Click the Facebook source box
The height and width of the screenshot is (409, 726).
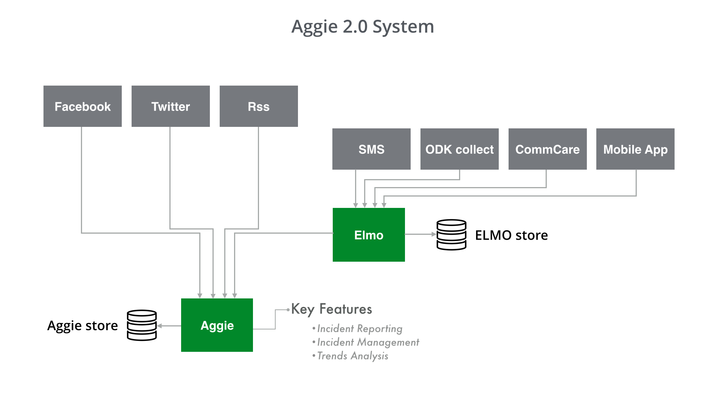[x=82, y=106]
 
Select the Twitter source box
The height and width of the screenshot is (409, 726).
[x=171, y=106]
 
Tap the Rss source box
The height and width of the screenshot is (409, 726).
[x=259, y=106]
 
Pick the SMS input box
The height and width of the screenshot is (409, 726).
[x=371, y=149]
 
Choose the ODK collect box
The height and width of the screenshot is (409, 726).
[x=459, y=149]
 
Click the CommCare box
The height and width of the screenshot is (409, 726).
[x=548, y=149]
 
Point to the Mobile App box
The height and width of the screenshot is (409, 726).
[x=635, y=149]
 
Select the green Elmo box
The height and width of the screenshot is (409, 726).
[x=369, y=235]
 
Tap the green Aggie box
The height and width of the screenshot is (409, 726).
[x=217, y=325]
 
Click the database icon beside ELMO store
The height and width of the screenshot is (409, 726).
[x=451, y=235]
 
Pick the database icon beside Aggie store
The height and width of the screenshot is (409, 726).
[x=142, y=325]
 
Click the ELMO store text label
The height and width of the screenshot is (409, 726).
[x=511, y=235]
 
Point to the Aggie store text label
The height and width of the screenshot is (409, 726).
[x=82, y=326]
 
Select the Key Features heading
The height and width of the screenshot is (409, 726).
[x=332, y=309]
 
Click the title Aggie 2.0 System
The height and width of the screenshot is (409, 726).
[x=363, y=27]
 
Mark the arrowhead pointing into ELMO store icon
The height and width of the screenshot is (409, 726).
[x=434, y=234]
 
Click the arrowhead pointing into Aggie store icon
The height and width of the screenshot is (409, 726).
[x=160, y=326]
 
